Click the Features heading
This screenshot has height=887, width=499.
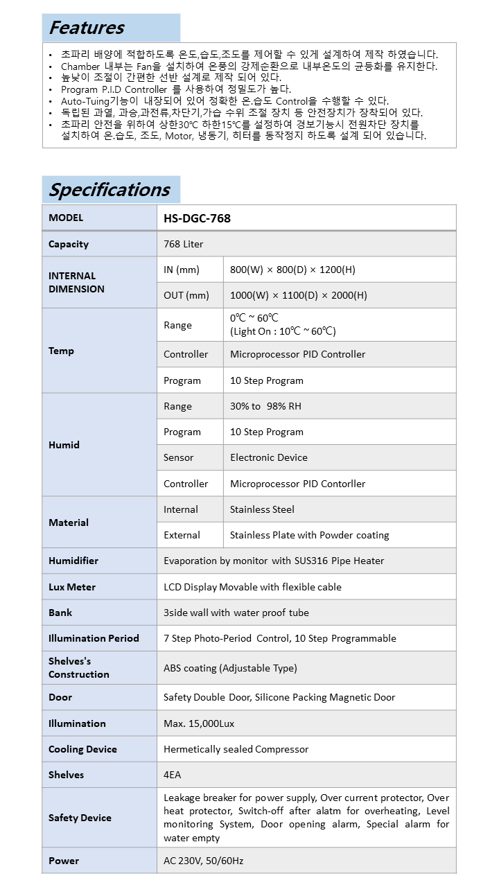pyautogui.click(x=87, y=28)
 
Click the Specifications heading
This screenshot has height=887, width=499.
pyautogui.click(x=110, y=190)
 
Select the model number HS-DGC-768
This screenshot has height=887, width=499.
pyautogui.click(x=198, y=218)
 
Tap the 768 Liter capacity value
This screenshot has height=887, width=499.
pyautogui.click(x=184, y=244)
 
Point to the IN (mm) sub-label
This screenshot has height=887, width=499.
pyautogui.click(x=182, y=270)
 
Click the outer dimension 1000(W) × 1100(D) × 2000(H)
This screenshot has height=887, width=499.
pyautogui.click(x=299, y=295)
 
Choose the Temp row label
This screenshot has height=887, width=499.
pyautogui.click(x=61, y=351)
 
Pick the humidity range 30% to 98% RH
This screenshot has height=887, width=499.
pyautogui.click(x=265, y=406)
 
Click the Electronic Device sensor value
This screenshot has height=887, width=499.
pyautogui.click(x=269, y=457)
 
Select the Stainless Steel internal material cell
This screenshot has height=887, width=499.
pyautogui.click(x=262, y=509)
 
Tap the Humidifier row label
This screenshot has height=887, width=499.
pyautogui.click(x=73, y=561)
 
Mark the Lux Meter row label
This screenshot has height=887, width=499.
pyautogui.click(x=72, y=587)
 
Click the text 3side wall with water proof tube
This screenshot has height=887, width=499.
pyautogui.click(x=236, y=613)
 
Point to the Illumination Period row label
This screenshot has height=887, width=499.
pyautogui.click(x=94, y=638)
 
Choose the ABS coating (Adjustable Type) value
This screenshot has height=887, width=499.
pyautogui.click(x=230, y=668)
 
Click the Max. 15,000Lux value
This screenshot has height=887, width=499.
pyautogui.click(x=199, y=723)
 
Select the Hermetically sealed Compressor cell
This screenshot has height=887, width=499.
pyautogui.click(x=236, y=749)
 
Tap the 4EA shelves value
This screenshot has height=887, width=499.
pyautogui.click(x=173, y=775)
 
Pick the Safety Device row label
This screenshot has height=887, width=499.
pyautogui.click(x=80, y=818)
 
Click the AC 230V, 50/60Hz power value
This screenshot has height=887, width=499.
pyautogui.click(x=204, y=861)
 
